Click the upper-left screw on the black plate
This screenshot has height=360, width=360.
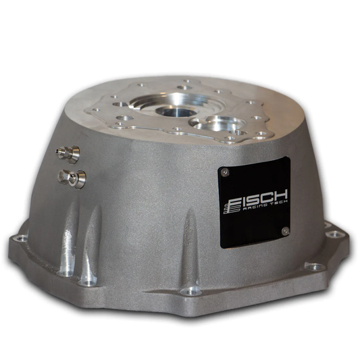pyautogui.click(x=225, y=172)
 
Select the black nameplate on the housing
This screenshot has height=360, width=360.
pyautogui.click(x=255, y=202)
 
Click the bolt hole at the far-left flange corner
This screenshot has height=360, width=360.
pyautogui.click(x=20, y=238)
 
